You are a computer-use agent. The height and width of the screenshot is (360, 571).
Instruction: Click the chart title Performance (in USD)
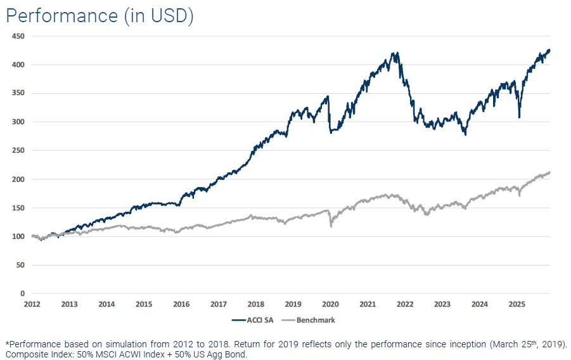tap(99, 15)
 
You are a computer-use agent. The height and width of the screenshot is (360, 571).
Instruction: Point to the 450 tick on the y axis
tap(18, 36)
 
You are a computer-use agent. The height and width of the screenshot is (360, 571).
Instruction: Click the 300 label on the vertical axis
tap(18, 122)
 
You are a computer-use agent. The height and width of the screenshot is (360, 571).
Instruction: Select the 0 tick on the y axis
tap(22, 293)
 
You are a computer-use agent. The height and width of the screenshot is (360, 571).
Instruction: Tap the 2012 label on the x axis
tap(32, 304)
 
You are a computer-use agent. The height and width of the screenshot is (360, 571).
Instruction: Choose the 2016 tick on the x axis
tap(181, 304)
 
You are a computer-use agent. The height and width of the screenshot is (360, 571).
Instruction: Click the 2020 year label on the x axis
tap(330, 304)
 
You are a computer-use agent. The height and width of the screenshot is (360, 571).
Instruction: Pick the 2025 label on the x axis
tap(517, 304)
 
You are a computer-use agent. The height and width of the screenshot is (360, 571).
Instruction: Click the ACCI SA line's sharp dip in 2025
tap(519, 117)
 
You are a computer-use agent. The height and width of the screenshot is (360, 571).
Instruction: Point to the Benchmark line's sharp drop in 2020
tap(331, 225)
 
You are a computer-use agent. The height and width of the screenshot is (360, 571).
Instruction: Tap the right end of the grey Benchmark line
tap(549, 172)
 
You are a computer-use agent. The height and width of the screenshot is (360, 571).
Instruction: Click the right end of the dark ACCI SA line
tap(549, 50)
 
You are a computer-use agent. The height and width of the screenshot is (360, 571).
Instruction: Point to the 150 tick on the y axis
tap(18, 208)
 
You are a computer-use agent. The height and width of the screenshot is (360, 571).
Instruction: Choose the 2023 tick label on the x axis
tap(442, 304)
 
